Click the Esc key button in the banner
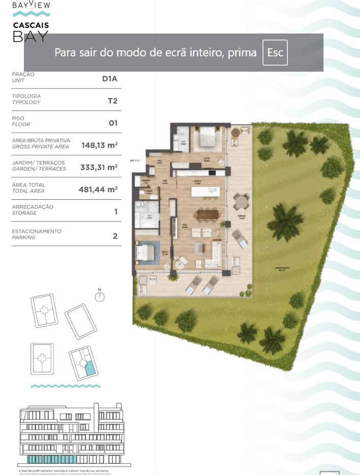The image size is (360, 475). click(x=275, y=52)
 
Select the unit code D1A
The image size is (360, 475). click(x=110, y=78)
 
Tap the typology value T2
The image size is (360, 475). click(x=112, y=101)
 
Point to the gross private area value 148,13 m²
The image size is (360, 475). click(x=100, y=145)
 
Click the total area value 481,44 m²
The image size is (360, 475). click(x=98, y=189)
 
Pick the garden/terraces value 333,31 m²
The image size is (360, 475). click(x=99, y=167)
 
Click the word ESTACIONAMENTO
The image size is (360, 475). click(x=37, y=231)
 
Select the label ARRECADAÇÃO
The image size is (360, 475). click(x=33, y=207)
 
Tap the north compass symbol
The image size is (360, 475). click(x=100, y=297)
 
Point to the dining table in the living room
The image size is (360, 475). click(x=207, y=215)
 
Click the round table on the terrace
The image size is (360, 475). click(x=241, y=203)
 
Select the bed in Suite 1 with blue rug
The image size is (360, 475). click(x=146, y=252)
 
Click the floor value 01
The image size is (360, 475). click(x=113, y=122)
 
